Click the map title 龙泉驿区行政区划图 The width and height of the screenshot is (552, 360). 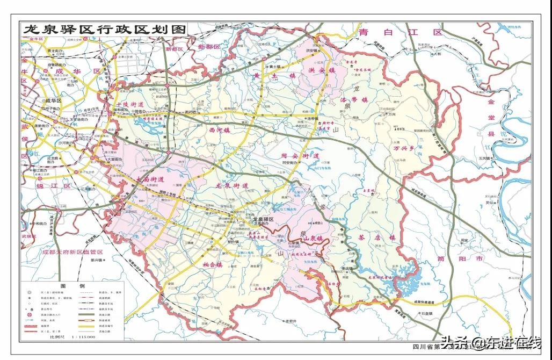103,29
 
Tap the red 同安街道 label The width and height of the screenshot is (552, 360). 300,156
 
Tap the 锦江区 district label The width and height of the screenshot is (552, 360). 53,185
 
